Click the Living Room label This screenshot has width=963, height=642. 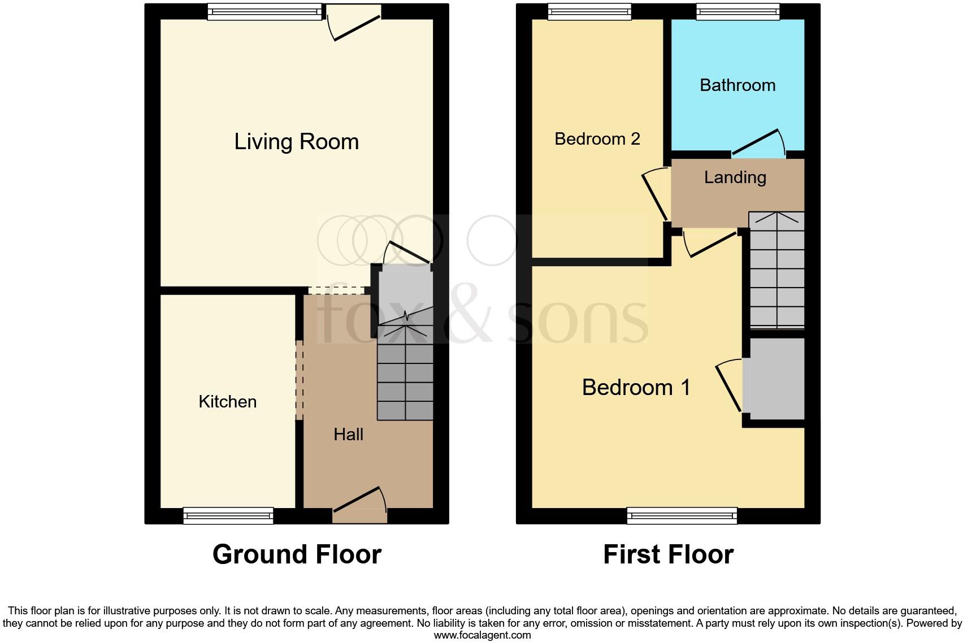(296, 141)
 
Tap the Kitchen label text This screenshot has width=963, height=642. (227, 402)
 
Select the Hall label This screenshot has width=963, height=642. (348, 434)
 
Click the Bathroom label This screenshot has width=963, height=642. (737, 85)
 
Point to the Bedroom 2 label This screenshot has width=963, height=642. (597, 139)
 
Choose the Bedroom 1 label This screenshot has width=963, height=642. (636, 388)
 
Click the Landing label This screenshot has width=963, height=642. (735, 177)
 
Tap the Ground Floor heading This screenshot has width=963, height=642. (297, 554)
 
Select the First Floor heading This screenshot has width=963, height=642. (668, 554)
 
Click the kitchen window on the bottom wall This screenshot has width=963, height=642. (228, 515)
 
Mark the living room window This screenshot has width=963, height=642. (264, 11)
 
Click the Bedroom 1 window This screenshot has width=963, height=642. (682, 515)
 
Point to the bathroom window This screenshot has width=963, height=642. (738, 11)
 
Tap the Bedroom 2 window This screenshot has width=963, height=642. (589, 11)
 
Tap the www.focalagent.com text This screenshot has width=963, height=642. (482, 635)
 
